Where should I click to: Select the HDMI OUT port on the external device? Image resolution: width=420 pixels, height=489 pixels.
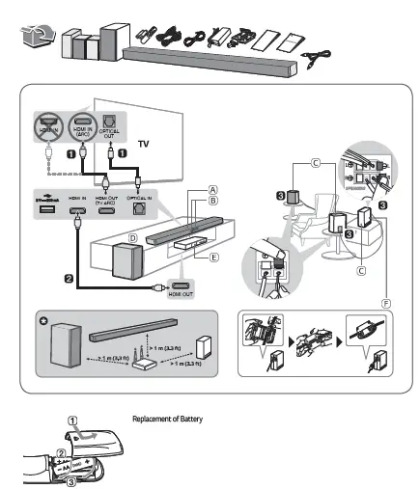click(x=180, y=286)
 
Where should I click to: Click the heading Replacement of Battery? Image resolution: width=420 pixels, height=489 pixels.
click(x=167, y=419)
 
